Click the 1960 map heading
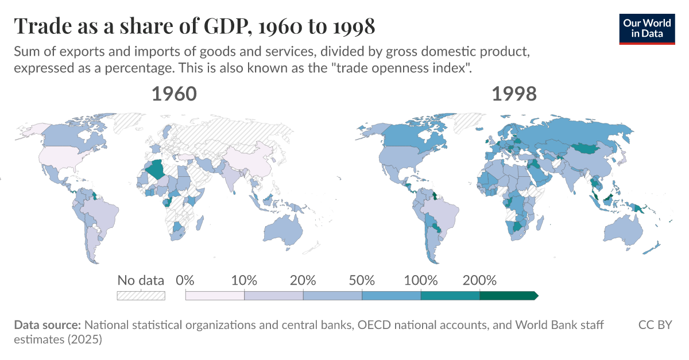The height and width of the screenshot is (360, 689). pos(174,94)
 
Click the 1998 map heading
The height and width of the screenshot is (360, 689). pos(514,94)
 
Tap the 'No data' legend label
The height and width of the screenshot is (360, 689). pos(141,281)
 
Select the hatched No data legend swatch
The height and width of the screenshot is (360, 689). pos(141,296)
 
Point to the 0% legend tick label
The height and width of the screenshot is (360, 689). pos(185,281)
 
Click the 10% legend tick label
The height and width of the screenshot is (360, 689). pos(244,281)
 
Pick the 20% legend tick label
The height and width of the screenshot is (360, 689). pos(303,281)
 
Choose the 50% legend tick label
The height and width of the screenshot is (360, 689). pos(362,281)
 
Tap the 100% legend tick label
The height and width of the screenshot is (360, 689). pos(420,281)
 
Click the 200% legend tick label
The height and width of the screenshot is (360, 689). pos(479,281)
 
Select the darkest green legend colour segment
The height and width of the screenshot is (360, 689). pos(508,296)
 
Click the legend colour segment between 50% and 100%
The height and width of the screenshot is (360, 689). pos(391,296)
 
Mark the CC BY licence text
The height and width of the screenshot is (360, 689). pos(655,325)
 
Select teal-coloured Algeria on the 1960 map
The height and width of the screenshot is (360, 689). pos(156,171)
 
